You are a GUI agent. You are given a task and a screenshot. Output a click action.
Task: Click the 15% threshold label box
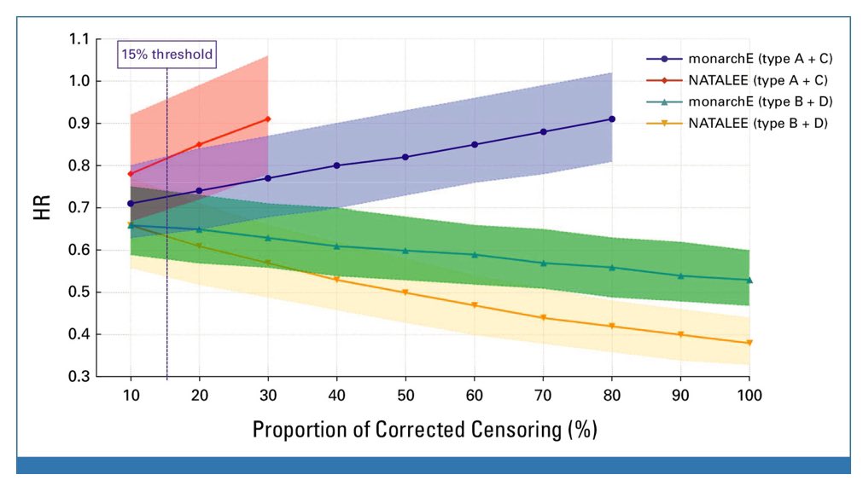(x=166, y=54)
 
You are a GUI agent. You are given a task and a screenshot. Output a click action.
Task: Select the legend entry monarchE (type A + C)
(x=746, y=59)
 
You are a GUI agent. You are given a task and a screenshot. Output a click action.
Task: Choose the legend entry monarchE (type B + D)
(x=746, y=103)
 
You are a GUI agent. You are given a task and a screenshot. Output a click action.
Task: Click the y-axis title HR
(x=43, y=207)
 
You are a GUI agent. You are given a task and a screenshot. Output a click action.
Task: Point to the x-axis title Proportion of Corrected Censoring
(x=424, y=429)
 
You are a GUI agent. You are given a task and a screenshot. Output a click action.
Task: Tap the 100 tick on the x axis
(x=749, y=396)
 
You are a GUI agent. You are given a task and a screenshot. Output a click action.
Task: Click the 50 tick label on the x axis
(x=405, y=396)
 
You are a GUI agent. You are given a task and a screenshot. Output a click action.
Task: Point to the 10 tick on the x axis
(x=131, y=396)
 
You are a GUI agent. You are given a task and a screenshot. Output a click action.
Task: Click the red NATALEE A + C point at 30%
(x=268, y=119)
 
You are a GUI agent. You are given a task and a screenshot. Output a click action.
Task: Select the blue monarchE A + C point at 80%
(x=612, y=119)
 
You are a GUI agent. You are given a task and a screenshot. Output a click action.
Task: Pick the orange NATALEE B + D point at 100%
(x=749, y=343)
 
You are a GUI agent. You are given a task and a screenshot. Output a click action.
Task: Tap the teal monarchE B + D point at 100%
(x=749, y=280)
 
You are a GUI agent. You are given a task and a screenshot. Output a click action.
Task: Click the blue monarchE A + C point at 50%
(x=405, y=157)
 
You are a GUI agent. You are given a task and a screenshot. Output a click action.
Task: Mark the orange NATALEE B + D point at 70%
(x=543, y=317)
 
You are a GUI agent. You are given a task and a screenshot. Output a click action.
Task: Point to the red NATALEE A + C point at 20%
(x=200, y=144)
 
